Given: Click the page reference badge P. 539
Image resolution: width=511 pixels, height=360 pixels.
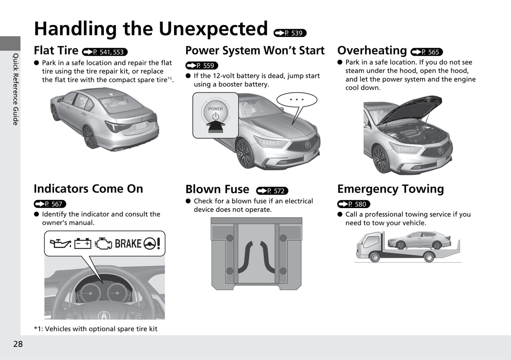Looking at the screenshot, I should (290, 33).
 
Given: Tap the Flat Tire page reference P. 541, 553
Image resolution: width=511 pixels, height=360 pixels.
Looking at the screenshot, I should (105, 52).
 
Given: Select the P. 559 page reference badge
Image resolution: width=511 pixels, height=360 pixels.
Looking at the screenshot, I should (202, 66).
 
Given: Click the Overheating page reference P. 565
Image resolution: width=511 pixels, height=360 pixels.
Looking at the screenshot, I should (426, 52).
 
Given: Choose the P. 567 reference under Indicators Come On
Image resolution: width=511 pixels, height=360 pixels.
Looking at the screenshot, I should (50, 204).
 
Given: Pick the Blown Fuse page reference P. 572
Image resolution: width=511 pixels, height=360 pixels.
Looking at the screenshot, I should (272, 191).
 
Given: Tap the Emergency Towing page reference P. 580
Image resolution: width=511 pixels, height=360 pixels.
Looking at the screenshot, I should (354, 204).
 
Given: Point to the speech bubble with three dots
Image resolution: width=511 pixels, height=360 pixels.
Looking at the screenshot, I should (297, 100).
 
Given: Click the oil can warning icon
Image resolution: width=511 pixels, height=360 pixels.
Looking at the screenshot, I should (60, 243).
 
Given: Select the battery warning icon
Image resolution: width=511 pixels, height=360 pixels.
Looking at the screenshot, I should (83, 243).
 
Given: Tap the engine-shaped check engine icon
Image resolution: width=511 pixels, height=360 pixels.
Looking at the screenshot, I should (103, 243).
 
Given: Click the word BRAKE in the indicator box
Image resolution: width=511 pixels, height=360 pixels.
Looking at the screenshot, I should (128, 244).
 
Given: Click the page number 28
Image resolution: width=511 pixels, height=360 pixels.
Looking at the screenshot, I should (18, 344).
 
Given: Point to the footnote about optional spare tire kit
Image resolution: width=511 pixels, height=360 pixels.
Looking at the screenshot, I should (95, 329).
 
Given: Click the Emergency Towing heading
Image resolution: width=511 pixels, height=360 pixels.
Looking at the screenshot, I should (390, 189).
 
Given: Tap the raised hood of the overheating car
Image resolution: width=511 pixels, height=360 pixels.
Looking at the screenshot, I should (414, 110).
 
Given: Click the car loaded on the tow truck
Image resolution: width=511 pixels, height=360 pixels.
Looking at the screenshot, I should (419, 241).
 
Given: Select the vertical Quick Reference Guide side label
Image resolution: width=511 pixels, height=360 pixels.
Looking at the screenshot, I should (15, 89).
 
